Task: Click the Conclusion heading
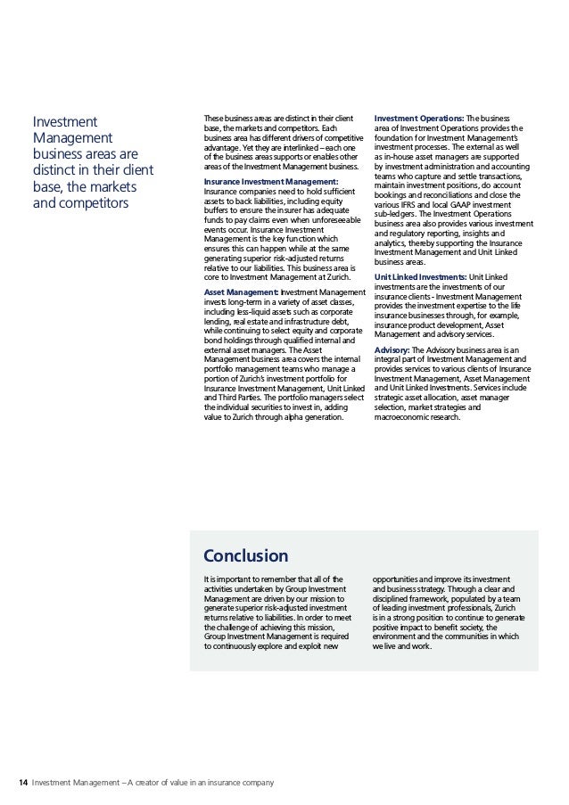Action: coord(245,557)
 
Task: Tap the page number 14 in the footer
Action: coord(22,784)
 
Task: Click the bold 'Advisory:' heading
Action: coord(392,349)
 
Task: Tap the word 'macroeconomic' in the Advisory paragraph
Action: coord(403,415)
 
